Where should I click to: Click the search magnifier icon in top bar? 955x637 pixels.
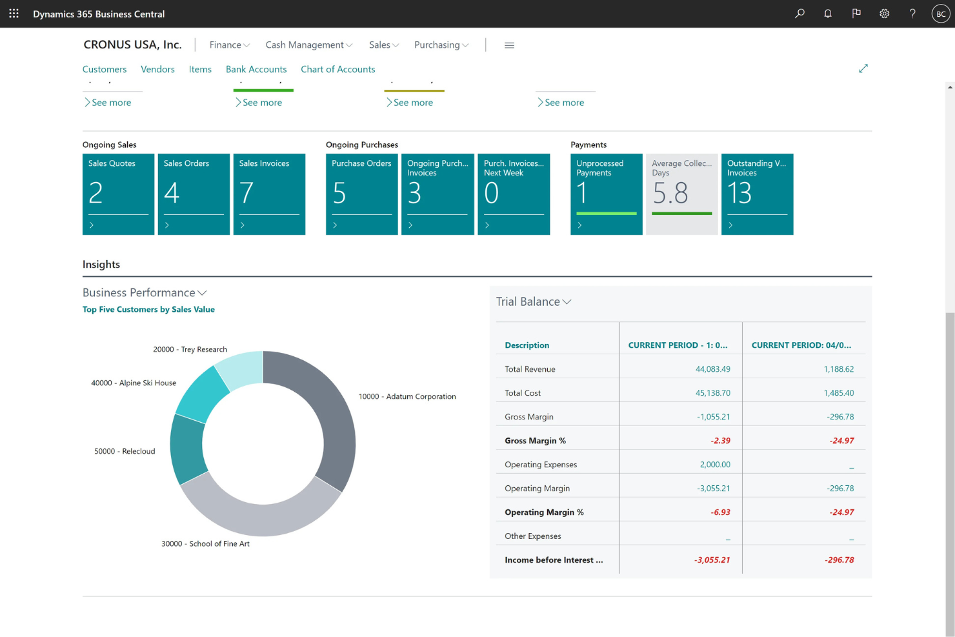click(799, 14)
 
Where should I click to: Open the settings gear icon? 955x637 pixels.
click(884, 14)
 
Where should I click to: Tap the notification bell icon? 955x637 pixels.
click(828, 14)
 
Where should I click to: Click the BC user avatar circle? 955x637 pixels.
click(941, 14)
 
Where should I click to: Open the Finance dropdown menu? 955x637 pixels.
click(229, 45)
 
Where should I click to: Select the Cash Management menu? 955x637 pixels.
click(308, 45)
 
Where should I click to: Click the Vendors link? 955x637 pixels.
click(157, 69)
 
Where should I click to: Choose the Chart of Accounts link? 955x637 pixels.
click(337, 69)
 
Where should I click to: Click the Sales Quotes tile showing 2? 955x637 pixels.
click(118, 194)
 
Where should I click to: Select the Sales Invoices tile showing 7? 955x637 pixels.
click(269, 194)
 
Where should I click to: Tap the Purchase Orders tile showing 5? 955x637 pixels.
click(361, 194)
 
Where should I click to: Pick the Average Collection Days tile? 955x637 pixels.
click(681, 194)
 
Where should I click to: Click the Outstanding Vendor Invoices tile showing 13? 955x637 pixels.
click(757, 194)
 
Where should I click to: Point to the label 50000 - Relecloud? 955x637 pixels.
click(125, 451)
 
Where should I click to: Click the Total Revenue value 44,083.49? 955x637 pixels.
click(712, 369)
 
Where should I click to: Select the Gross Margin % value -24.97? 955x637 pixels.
click(841, 441)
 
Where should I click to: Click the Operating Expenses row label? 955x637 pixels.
click(541, 465)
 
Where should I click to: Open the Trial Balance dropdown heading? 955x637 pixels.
click(534, 301)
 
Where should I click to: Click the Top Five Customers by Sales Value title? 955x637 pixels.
click(148, 309)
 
